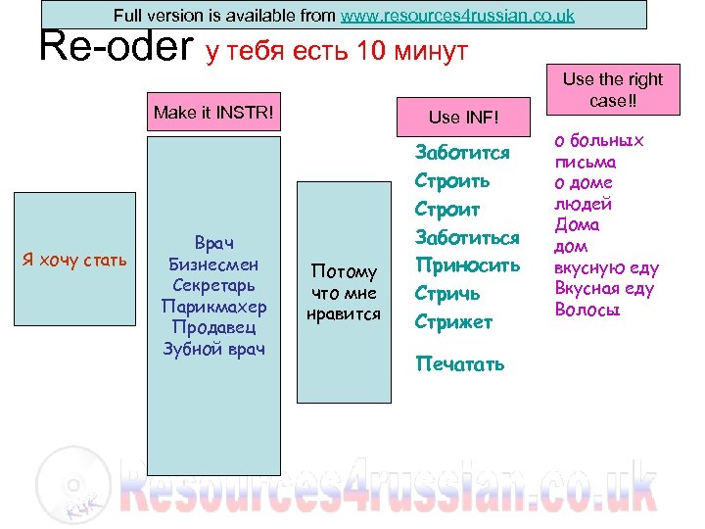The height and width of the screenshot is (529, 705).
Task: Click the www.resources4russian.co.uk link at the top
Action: (457, 16)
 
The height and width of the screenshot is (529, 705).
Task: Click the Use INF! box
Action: (463, 117)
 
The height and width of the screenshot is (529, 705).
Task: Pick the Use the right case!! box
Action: (612, 91)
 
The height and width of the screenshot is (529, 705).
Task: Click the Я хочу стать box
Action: (74, 260)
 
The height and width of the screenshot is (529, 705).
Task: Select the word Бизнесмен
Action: (213, 263)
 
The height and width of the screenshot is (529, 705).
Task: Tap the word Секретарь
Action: (213, 284)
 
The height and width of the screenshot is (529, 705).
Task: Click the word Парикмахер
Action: (213, 306)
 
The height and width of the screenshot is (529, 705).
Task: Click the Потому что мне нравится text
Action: (344, 292)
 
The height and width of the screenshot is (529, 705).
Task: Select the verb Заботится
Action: (462, 153)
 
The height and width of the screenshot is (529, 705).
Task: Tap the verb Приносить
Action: (467, 264)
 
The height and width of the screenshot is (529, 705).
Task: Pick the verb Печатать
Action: (460, 364)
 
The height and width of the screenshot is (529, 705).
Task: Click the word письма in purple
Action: (586, 163)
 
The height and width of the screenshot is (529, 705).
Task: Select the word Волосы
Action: (588, 310)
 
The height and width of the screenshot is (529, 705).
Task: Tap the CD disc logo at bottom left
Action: (70, 484)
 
